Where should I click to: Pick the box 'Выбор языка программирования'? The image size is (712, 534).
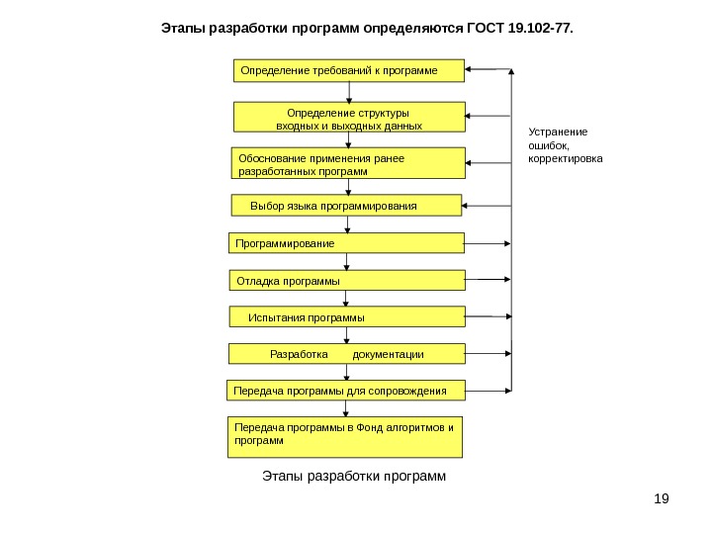(x=347, y=206)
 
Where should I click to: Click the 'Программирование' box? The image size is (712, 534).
(x=347, y=243)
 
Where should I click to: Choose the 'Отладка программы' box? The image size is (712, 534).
(x=347, y=281)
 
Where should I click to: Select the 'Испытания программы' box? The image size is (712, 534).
(x=347, y=317)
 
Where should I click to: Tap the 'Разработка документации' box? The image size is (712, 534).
(x=347, y=354)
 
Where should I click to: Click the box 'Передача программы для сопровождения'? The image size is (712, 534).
(x=346, y=392)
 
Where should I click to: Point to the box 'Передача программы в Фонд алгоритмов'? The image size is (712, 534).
(x=345, y=437)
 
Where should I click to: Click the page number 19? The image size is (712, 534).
(x=662, y=496)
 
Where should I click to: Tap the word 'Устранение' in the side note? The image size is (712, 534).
(x=558, y=132)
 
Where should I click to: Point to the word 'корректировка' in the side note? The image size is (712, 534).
(x=565, y=158)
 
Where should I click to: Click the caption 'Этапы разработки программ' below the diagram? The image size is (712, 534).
(x=354, y=477)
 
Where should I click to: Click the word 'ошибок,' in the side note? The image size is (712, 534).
(x=550, y=145)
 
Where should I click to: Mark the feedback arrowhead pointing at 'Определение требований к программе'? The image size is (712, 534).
(x=470, y=70)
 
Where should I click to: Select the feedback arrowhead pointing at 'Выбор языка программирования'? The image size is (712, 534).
(x=468, y=206)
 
